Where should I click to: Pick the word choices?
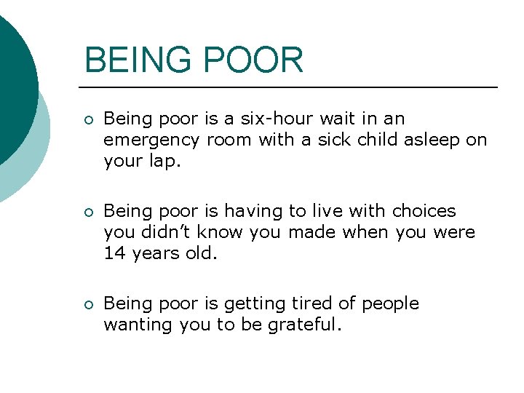coord(424,211)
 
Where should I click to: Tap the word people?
coord(390,303)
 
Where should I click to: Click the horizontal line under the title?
coord(291,87)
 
